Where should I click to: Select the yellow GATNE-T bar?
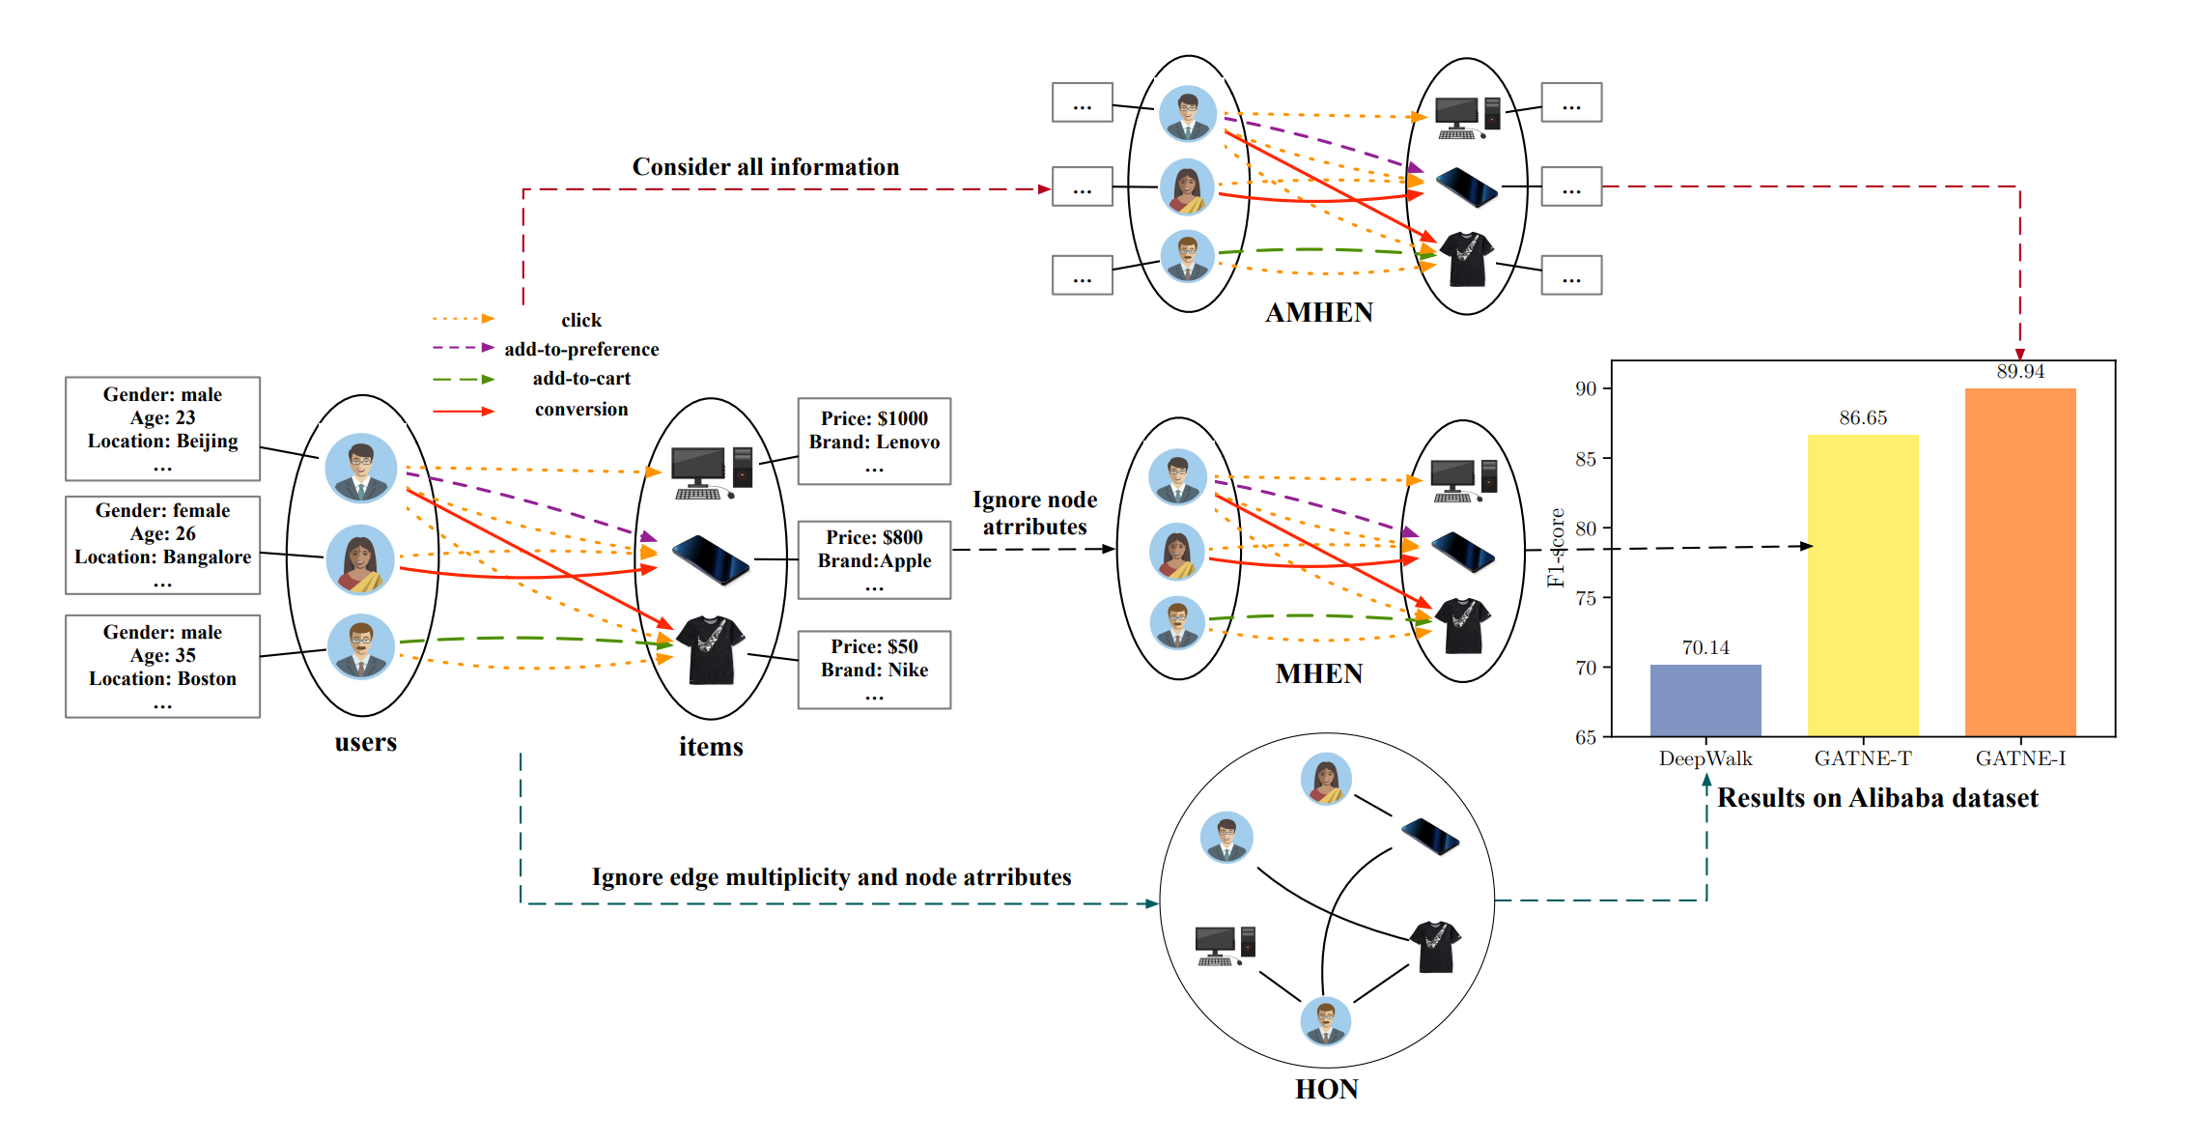pyautogui.click(x=1862, y=585)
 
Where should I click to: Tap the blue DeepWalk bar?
pyautogui.click(x=1705, y=700)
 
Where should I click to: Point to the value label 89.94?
pyautogui.click(x=2019, y=372)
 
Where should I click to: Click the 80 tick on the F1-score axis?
pyautogui.click(x=1586, y=528)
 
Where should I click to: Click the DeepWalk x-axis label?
pyautogui.click(x=1705, y=758)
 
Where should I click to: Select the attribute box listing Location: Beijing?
pyautogui.click(x=162, y=429)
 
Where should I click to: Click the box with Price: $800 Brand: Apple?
pyautogui.click(x=874, y=560)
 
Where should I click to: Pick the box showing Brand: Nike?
pyautogui.click(x=874, y=670)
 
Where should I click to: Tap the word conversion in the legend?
pyautogui.click(x=580, y=410)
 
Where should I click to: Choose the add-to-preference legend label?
pyautogui.click(x=580, y=349)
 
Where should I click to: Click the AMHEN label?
pyautogui.click(x=1318, y=313)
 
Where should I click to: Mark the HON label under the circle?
pyautogui.click(x=1326, y=1090)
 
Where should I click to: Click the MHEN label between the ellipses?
pyautogui.click(x=1318, y=673)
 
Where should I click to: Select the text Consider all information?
pyautogui.click(x=765, y=167)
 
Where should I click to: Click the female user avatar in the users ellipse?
pyautogui.click(x=359, y=559)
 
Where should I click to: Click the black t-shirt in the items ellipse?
pyautogui.click(x=711, y=649)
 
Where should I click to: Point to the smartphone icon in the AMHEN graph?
pyautogui.click(x=1465, y=186)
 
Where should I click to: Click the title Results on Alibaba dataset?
pyautogui.click(x=1876, y=798)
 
